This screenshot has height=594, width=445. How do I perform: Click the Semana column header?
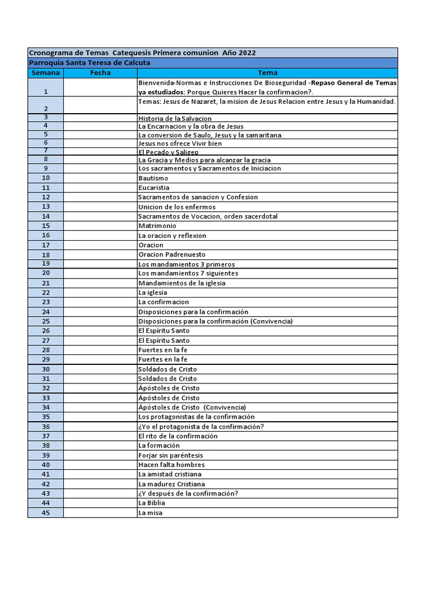45,73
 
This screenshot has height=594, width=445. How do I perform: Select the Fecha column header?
100,73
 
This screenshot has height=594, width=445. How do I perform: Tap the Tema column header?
267,73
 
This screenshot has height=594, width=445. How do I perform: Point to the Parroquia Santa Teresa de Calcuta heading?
89,63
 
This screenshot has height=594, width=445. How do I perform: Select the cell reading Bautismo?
154,178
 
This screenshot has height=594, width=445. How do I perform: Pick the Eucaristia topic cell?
154,188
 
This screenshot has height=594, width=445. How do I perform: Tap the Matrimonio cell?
157,226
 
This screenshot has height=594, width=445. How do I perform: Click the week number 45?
46,513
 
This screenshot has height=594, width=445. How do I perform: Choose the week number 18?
46,255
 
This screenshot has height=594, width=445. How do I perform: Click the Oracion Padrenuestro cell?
172,255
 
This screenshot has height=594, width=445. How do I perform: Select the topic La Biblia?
151,503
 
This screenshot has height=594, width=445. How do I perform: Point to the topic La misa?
150,513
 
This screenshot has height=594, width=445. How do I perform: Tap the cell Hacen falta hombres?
171,465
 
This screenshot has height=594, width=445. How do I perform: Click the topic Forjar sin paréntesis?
170,455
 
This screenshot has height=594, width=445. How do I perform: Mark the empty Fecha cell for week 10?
100,178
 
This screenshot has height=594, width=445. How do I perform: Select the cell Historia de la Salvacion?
175,118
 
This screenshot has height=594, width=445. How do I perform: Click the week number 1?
45,92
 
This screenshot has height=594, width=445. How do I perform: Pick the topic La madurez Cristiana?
171,484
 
